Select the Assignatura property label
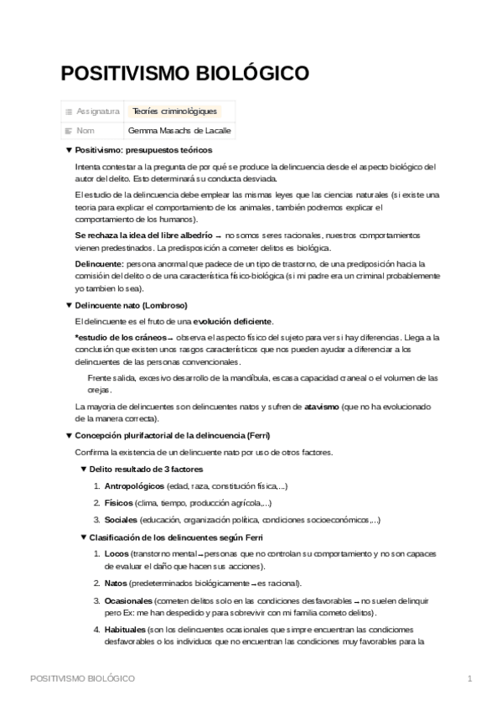[97, 111]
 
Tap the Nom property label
[85, 131]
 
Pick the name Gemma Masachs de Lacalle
[179, 131]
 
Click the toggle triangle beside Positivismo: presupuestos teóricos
[69, 150]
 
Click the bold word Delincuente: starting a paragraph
[99, 263]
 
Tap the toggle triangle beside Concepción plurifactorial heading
[69, 435]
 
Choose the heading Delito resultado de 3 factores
[146, 469]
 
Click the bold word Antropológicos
[134, 485]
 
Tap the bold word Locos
[117, 554]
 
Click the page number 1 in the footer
[470, 677]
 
